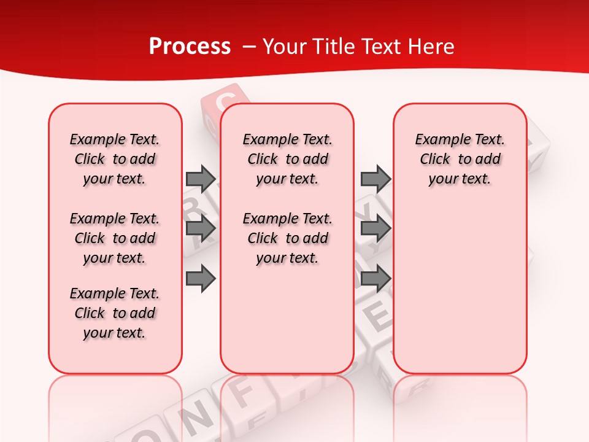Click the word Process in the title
pos(190,47)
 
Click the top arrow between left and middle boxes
pos(201,179)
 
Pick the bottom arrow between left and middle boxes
pos(201,279)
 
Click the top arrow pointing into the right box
pos(375,179)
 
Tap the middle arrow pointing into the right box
pos(375,228)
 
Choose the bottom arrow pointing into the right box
pos(375,279)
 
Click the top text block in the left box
pos(115,159)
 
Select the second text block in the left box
pos(115,238)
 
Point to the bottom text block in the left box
pos(115,313)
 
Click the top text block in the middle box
pos(287,159)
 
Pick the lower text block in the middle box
pos(287,238)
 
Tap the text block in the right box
pos(460,159)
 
